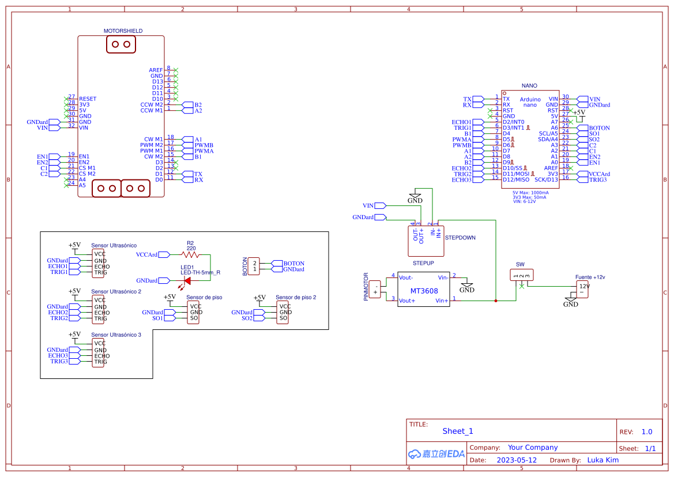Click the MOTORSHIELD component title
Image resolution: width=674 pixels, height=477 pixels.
tap(123, 31)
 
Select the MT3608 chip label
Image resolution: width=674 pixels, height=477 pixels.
tap(424, 291)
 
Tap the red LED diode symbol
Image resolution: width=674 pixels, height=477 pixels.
tap(187, 280)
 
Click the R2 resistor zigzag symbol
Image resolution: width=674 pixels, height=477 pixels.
tap(190, 254)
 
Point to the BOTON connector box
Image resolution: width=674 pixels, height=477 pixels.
tap(255, 266)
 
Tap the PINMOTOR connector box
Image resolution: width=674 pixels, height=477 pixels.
tap(376, 289)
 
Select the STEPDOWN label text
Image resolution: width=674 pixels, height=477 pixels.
tap(460, 238)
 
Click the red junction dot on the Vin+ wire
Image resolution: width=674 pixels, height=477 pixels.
tap(496, 301)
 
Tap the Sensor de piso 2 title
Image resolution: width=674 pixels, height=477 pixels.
tap(296, 298)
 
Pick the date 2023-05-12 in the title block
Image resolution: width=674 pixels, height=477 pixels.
tap(517, 460)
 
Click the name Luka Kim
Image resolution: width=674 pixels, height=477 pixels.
tap(603, 460)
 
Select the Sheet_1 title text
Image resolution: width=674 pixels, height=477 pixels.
tap(457, 431)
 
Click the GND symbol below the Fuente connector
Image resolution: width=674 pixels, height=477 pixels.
tap(570, 303)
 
